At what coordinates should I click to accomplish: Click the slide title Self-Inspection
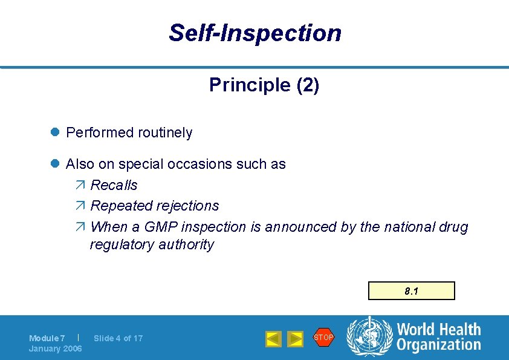(254, 33)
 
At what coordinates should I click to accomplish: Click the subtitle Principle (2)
(264, 85)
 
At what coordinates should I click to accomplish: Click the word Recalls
(114, 185)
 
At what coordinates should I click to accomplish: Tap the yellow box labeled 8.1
(412, 291)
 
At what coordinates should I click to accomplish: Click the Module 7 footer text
(47, 338)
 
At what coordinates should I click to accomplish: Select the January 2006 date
(55, 349)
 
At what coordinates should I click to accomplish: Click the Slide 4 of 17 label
(118, 338)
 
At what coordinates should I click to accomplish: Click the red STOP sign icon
(323, 337)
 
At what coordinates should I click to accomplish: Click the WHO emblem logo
(369, 336)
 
